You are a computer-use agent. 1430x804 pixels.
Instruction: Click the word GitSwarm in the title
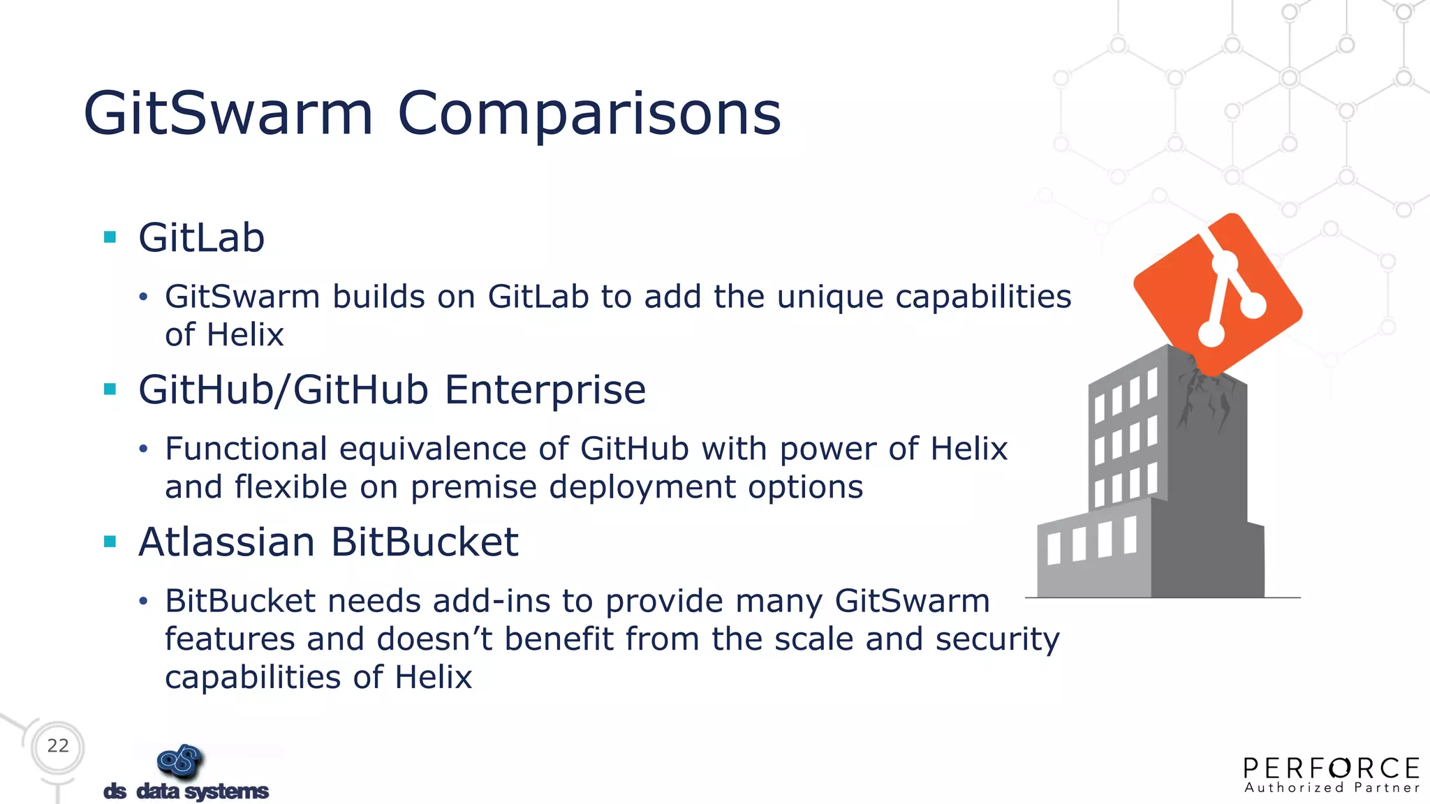[228, 114]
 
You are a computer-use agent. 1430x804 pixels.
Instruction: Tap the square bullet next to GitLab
[110, 237]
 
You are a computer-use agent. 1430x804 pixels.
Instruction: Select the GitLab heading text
[201, 238]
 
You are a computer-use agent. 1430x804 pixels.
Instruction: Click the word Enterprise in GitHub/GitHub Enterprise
[545, 389]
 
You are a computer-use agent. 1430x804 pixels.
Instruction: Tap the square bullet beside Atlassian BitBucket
[110, 542]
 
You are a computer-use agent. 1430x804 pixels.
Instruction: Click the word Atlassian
[226, 542]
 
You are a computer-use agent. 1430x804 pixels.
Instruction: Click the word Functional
[246, 449]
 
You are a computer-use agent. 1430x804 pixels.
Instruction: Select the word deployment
[642, 487]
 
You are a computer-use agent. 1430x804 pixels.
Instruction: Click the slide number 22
[58, 746]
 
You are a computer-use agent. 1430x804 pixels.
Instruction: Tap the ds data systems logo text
[186, 791]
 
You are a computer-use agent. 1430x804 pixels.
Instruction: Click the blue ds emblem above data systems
[180, 761]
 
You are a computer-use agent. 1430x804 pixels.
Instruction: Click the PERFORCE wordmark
[1331, 768]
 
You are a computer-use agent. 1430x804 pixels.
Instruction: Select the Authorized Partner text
[1331, 788]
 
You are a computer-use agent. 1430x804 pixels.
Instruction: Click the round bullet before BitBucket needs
[143, 602]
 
